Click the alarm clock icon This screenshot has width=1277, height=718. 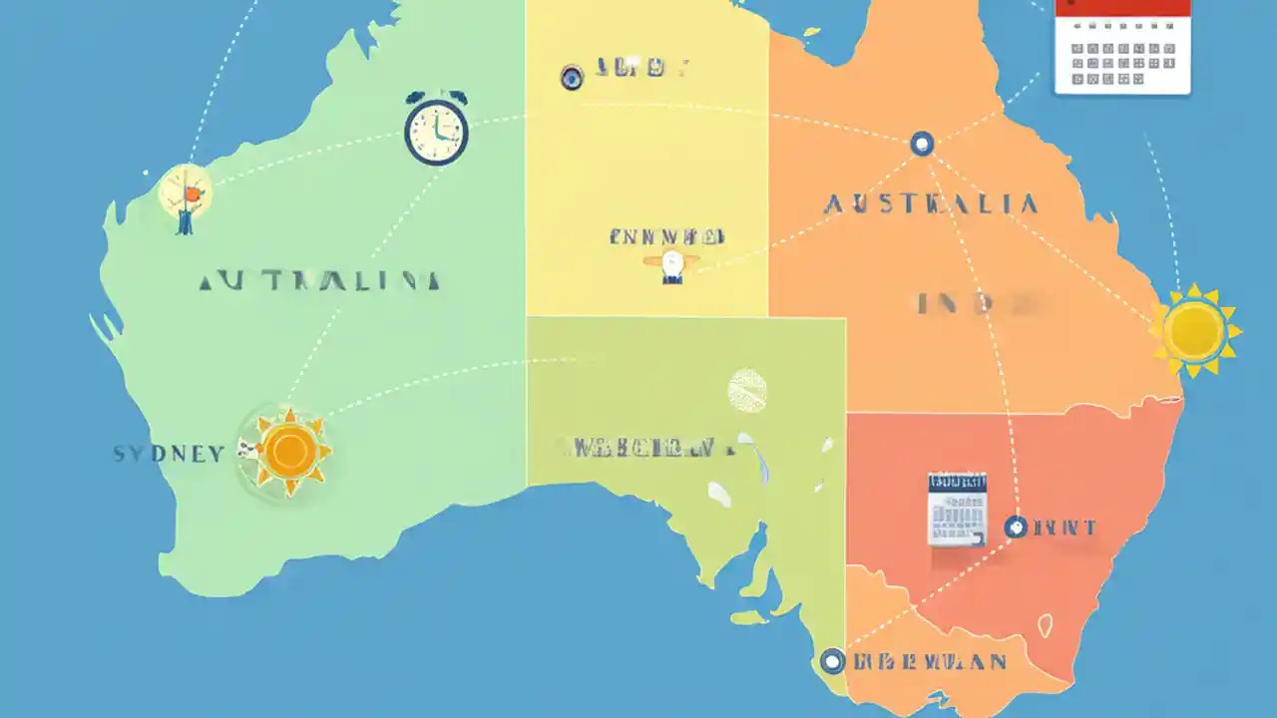(x=436, y=129)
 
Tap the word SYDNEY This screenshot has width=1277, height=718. (x=169, y=454)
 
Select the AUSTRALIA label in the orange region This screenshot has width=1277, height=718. (x=931, y=204)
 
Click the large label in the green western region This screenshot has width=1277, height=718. (x=319, y=281)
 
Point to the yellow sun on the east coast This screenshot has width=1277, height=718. (x=1194, y=330)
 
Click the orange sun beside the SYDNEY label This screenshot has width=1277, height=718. (x=289, y=451)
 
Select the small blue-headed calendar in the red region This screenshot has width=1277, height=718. (x=957, y=509)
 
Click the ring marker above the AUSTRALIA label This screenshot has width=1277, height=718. (x=922, y=144)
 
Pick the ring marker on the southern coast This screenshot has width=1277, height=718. (x=832, y=660)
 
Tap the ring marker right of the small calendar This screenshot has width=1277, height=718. (x=1015, y=527)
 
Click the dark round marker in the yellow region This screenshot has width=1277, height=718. (x=572, y=78)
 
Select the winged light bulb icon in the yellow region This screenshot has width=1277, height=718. (x=671, y=264)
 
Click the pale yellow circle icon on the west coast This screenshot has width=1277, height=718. (x=186, y=192)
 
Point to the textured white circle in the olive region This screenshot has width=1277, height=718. (x=747, y=390)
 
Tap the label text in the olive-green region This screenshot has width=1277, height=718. (x=638, y=448)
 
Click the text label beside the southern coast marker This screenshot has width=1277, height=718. (x=930, y=661)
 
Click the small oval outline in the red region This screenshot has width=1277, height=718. (x=1046, y=625)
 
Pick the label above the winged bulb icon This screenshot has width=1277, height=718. (x=666, y=237)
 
